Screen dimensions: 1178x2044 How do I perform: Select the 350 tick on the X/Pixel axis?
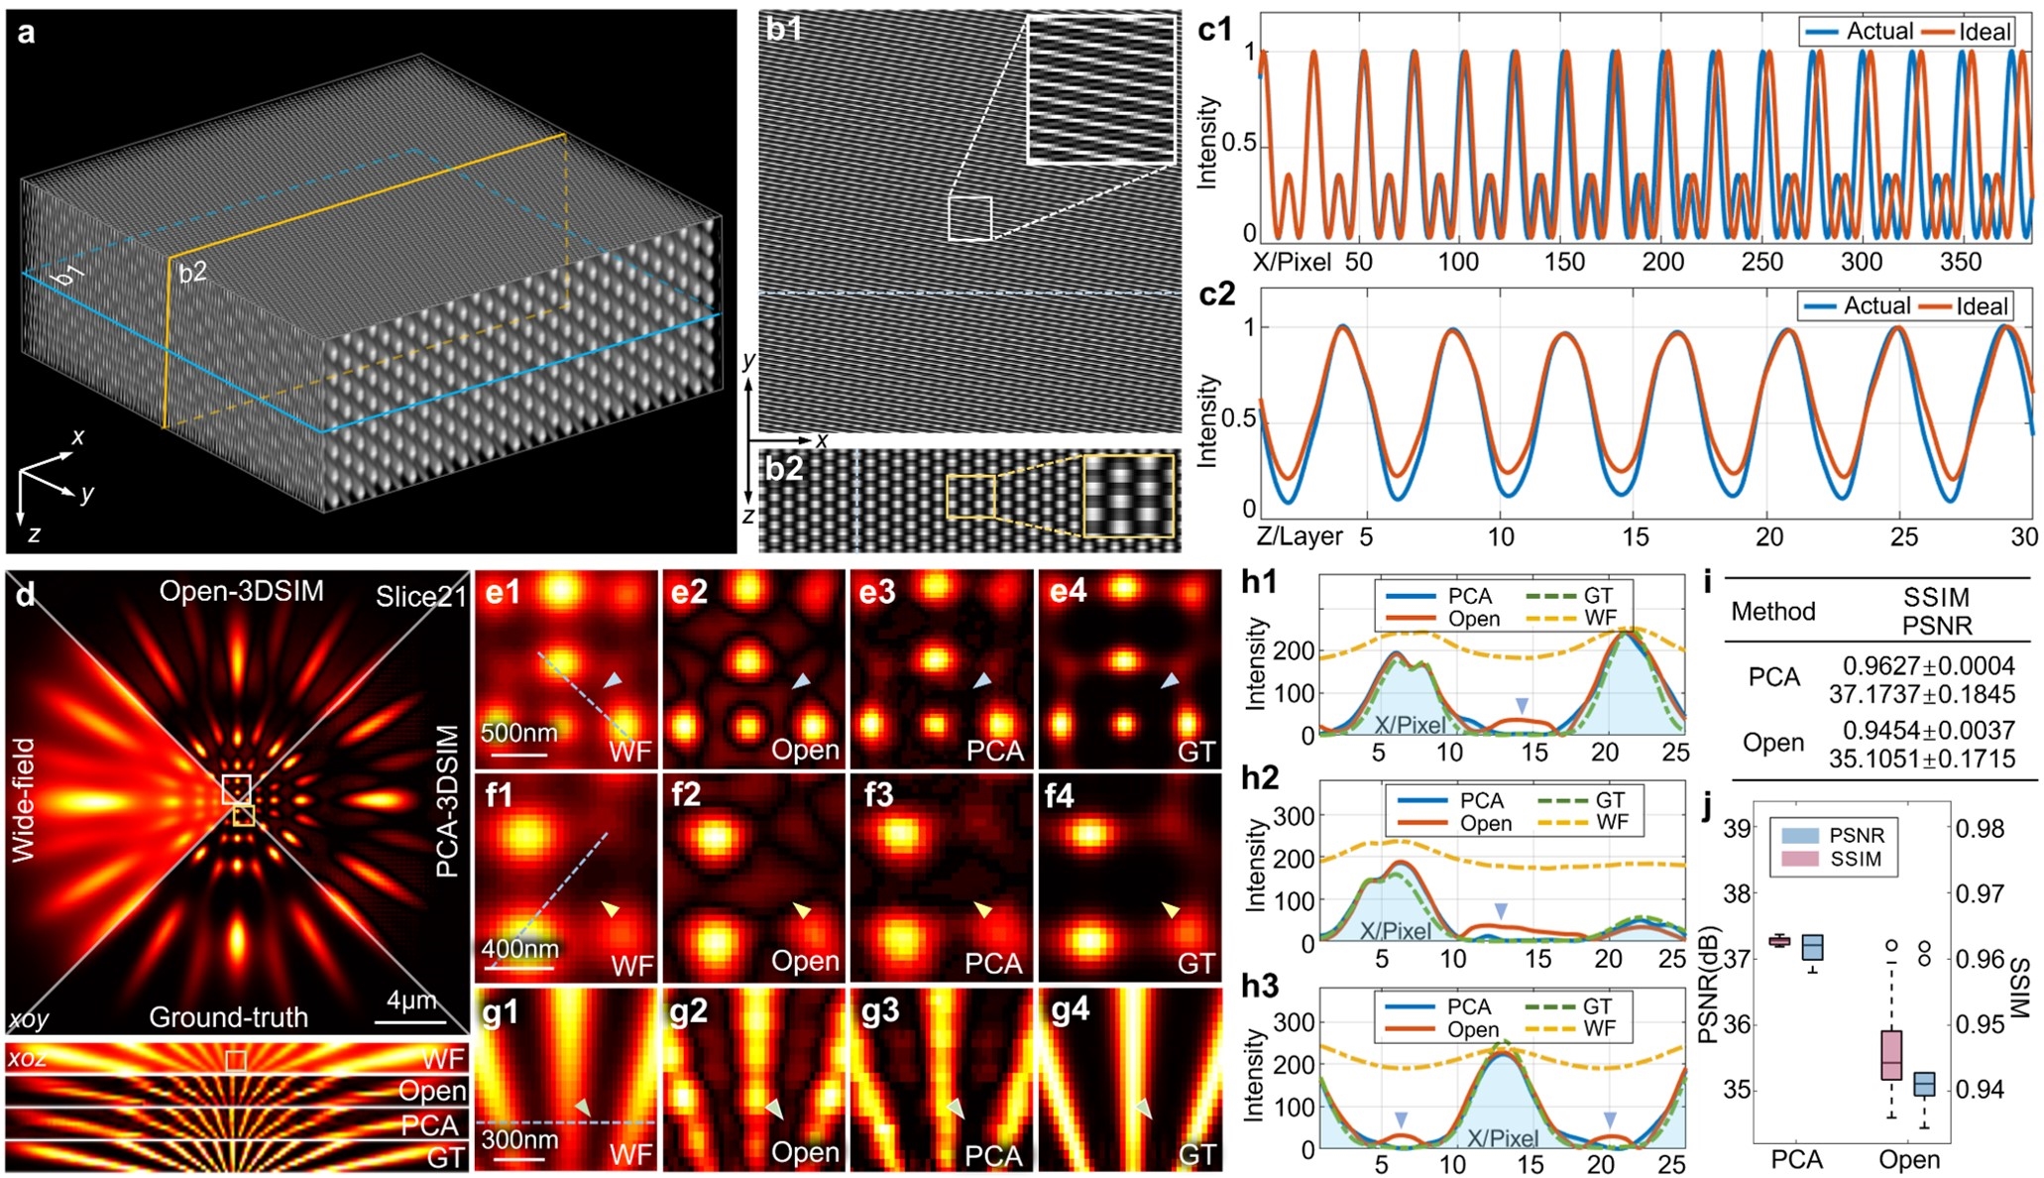click(x=1960, y=262)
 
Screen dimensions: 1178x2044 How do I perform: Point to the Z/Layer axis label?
click(x=1299, y=536)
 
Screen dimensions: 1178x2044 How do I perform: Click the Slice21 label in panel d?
click(x=419, y=597)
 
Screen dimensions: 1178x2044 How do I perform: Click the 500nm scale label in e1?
click(x=518, y=734)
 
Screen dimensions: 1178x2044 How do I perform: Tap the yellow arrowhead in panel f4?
click(x=1172, y=909)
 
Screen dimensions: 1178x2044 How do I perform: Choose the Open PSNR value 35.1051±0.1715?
click(x=1921, y=760)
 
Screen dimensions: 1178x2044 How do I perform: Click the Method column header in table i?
click(x=1772, y=612)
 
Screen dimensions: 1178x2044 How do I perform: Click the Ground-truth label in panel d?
click(x=228, y=1017)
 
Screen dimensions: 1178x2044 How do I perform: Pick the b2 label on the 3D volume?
click(x=192, y=272)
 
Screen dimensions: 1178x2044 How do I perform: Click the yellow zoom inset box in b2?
click(x=1128, y=495)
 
